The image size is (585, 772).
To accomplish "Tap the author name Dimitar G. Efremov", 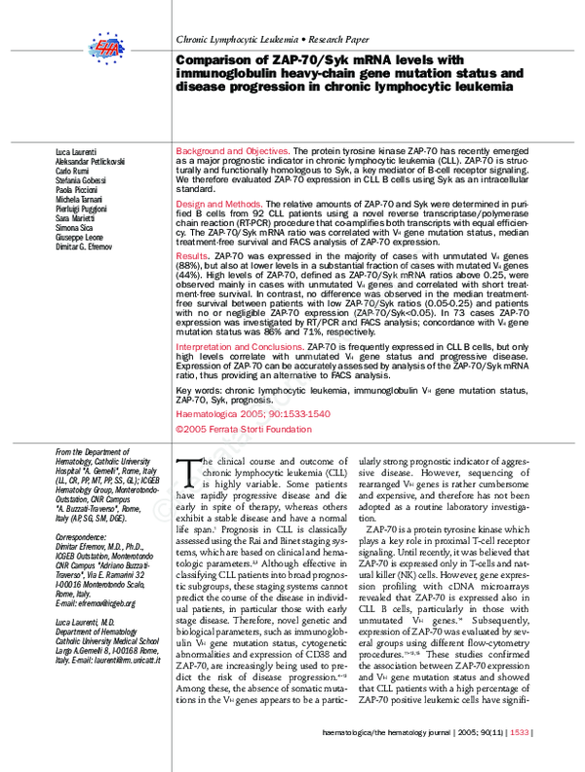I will click(x=91, y=247).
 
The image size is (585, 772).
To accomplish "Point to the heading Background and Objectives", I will click(x=231, y=152).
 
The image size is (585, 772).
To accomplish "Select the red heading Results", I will click(x=191, y=253).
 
